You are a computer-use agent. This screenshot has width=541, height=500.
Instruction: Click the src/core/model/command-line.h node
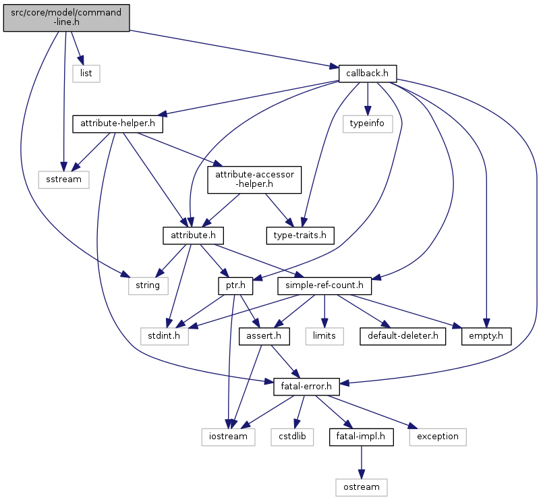66,18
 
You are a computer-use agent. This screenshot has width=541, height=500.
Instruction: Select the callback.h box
368,74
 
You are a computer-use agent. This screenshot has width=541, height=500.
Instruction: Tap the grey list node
86,74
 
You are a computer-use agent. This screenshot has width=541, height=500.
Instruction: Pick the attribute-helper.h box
117,124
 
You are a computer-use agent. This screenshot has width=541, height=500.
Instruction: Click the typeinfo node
368,124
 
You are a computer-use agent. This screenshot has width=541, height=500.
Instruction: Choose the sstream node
64,179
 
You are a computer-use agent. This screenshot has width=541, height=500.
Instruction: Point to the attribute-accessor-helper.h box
254,179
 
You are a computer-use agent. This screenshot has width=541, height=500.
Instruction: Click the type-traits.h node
300,235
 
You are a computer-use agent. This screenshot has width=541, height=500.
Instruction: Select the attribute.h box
193,235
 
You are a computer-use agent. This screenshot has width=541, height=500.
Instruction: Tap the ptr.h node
235,286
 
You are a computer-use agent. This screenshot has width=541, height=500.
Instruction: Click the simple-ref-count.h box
324,286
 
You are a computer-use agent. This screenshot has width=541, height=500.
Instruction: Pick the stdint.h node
165,336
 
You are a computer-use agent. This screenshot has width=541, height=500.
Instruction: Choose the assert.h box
264,336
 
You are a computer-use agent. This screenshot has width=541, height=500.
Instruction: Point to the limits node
324,336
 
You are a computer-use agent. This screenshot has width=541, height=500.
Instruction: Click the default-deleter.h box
403,336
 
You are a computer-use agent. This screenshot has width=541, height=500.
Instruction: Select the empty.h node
486,336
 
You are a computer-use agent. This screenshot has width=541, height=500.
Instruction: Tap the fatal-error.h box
306,387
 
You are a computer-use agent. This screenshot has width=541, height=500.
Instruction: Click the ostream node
362,487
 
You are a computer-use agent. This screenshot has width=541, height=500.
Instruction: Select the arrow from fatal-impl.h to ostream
362,462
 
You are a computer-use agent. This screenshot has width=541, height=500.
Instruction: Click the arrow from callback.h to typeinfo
368,99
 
